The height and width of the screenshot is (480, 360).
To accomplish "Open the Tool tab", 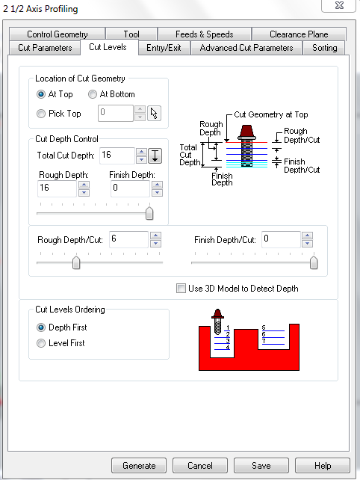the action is (131, 34).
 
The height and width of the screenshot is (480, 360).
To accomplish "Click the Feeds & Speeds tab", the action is (205, 34).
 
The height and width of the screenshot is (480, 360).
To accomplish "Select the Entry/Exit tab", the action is (164, 48).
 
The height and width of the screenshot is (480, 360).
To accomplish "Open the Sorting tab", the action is (324, 48).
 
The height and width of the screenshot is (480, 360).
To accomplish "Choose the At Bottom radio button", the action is (93, 94).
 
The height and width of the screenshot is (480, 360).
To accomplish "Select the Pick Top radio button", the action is (41, 114).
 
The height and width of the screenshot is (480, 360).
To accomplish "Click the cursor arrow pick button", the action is (154, 114).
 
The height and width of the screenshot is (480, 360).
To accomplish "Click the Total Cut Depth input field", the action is (117, 156).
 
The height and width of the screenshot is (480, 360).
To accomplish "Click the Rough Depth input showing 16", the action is (57, 188).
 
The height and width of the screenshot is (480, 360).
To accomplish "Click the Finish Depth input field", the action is (130, 188).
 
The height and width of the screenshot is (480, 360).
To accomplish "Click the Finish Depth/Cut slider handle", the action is (314, 262).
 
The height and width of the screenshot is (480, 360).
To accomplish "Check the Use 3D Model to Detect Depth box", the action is (181, 289).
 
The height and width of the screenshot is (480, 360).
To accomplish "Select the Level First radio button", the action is (41, 343).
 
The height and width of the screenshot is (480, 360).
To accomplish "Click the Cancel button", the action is (200, 466).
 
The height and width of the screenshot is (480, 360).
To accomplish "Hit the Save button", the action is (261, 466).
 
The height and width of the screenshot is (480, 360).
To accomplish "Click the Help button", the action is (323, 466).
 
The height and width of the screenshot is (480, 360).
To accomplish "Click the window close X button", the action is (339, 5).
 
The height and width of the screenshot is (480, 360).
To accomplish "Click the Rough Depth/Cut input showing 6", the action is (128, 239).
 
